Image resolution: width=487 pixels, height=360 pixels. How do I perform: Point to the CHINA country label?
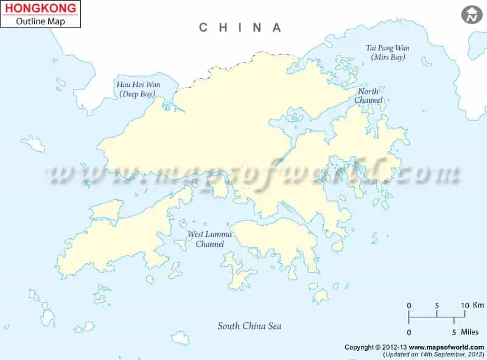coord(241,27)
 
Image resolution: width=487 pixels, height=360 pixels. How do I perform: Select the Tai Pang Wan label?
coord(388,48)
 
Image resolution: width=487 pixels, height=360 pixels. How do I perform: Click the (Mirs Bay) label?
coord(388,57)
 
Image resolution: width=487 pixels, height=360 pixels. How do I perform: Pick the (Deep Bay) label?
coord(137,94)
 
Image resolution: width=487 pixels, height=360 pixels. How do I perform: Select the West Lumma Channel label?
coord(206,239)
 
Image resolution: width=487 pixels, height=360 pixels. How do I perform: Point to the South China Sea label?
coord(250,326)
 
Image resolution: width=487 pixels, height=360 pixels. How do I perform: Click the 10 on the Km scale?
coord(464,305)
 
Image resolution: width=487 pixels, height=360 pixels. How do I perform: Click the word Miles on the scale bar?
coord(470,332)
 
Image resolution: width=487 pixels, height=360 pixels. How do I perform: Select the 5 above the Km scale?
coord(437,305)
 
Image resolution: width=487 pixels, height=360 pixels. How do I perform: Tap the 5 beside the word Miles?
coord(454,332)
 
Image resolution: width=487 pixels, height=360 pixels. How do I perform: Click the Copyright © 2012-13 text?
coord(373,347)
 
